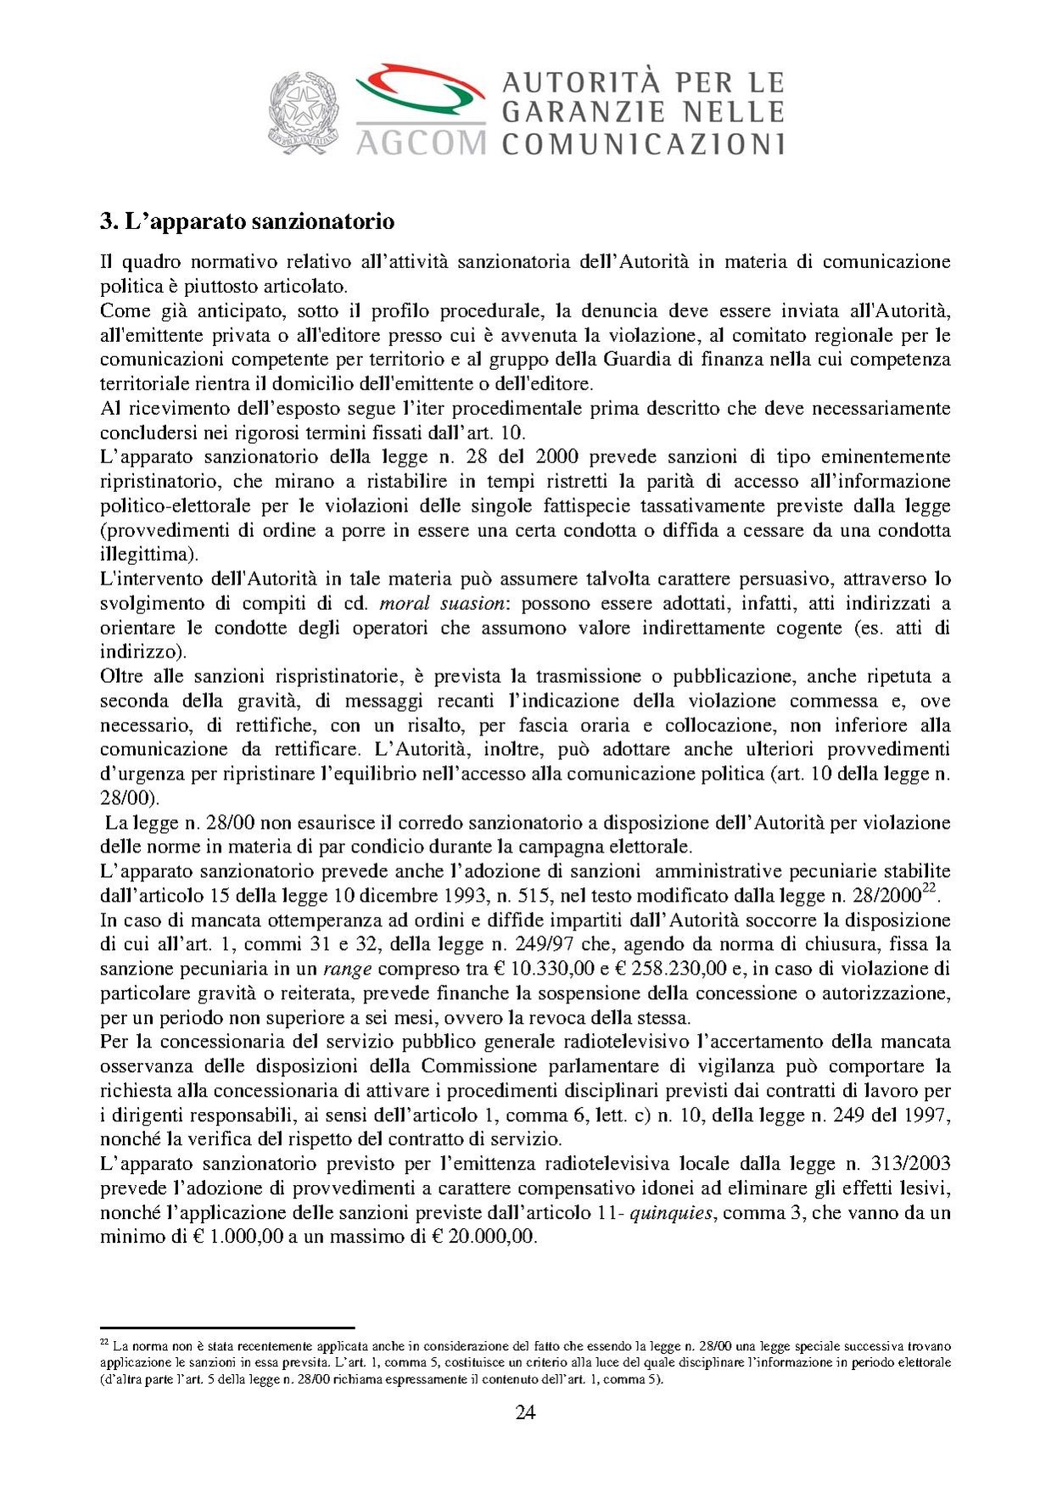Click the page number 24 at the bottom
(x=525, y=1412)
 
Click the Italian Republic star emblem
(x=303, y=112)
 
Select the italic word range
(x=347, y=969)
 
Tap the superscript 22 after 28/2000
(x=930, y=888)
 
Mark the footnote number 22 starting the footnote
(x=104, y=1343)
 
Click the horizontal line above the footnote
(x=226, y=1328)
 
